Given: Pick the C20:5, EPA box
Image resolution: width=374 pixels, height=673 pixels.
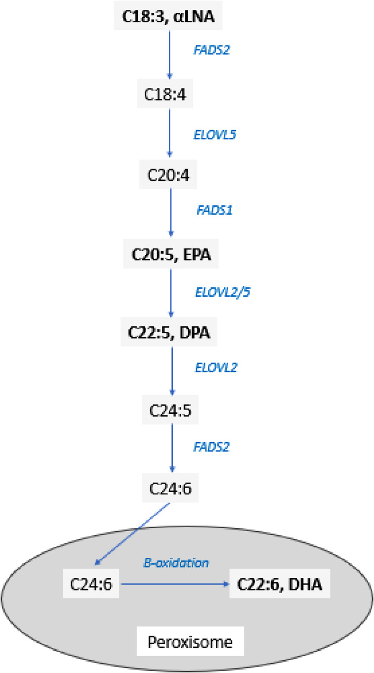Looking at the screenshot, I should point(170,255).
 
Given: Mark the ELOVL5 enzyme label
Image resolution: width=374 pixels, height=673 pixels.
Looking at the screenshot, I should point(213,134).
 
